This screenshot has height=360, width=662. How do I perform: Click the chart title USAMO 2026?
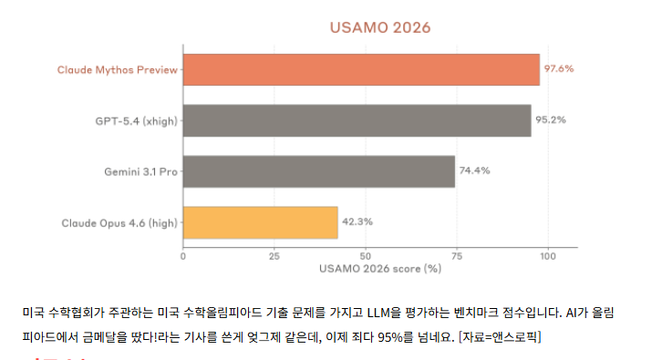click(x=379, y=27)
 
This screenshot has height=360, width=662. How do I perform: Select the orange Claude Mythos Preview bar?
click(x=361, y=69)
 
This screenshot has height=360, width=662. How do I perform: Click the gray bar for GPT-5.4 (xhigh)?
click(x=357, y=120)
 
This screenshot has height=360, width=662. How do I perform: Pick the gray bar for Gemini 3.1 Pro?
click(x=319, y=171)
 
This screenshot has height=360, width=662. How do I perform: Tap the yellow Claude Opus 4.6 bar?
click(x=261, y=222)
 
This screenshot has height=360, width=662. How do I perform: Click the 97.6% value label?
click(x=560, y=69)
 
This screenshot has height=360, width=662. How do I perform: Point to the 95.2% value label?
click(x=551, y=120)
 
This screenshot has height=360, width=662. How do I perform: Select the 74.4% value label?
click(x=474, y=171)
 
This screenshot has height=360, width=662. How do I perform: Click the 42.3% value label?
click(x=357, y=222)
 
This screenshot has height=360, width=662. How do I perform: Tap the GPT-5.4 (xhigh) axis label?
click(x=135, y=120)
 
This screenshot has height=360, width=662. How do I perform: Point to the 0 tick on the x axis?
click(x=183, y=256)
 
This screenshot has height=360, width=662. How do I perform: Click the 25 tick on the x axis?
click(x=274, y=256)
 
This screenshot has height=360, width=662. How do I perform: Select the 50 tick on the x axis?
click(x=365, y=256)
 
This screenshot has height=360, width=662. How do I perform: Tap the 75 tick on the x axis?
click(x=456, y=256)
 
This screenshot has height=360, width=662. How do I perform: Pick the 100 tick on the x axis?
click(x=547, y=256)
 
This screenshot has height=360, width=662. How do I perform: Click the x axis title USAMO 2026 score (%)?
click(x=380, y=269)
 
